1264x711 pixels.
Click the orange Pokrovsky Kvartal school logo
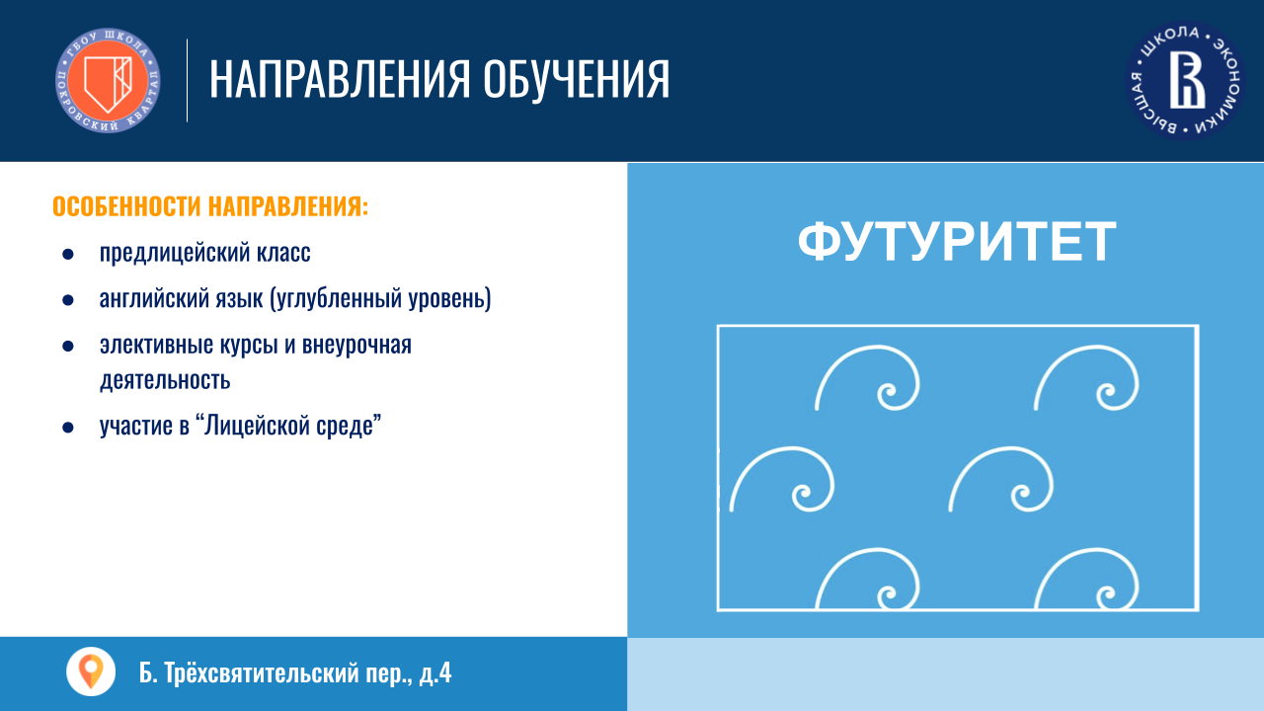pos(108,81)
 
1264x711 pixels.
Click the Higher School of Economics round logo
pos(1186,81)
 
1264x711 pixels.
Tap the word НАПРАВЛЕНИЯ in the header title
pos(340,79)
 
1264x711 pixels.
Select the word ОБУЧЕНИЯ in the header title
pos(576,79)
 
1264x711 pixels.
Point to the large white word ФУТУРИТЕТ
pos(957,242)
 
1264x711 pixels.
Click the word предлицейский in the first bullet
pos(175,252)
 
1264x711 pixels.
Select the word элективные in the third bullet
pos(156,345)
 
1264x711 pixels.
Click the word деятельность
pos(165,380)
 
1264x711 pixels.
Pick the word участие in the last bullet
pos(136,426)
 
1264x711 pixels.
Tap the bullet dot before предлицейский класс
pos(68,254)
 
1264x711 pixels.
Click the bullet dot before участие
pos(68,428)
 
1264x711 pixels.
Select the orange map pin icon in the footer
pos(91,671)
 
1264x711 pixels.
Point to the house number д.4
pos(435,673)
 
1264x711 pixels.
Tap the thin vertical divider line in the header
pos(187,81)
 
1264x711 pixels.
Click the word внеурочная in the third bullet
pos(356,345)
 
